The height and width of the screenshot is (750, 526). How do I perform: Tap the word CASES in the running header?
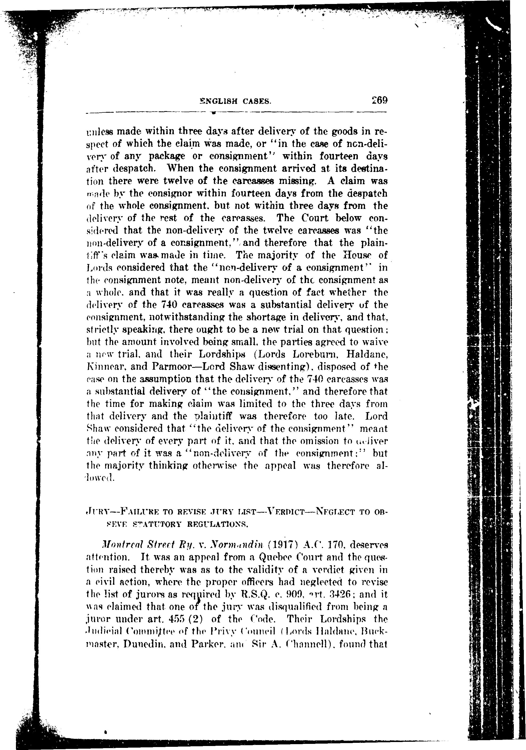256,101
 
